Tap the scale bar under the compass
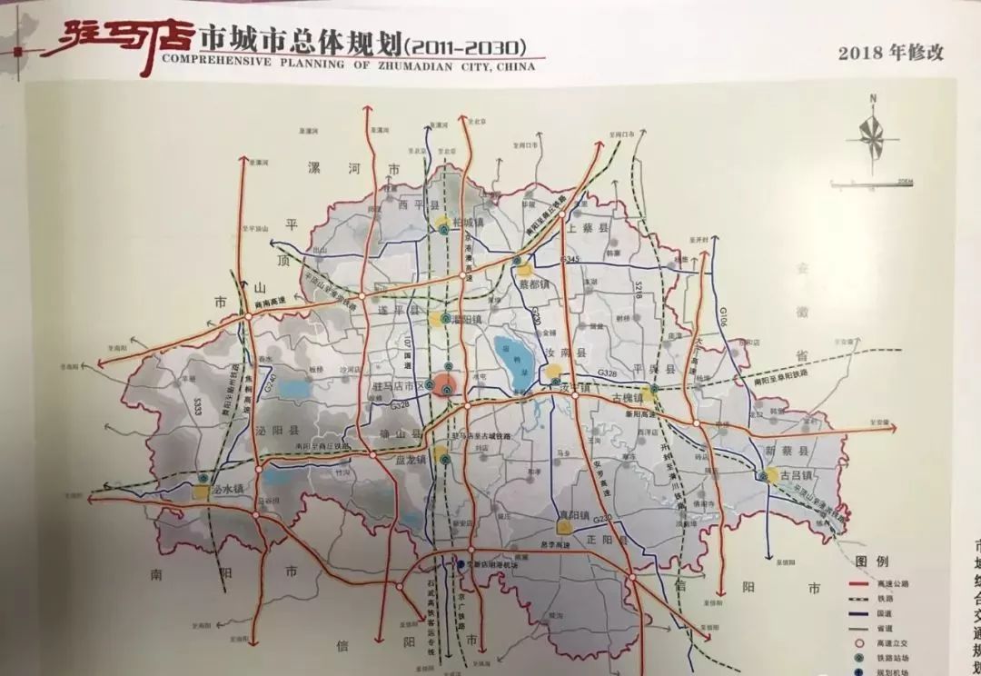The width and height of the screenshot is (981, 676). pos(872,184)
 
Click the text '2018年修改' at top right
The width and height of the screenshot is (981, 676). pos(891,52)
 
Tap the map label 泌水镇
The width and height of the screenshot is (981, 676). pos(226,489)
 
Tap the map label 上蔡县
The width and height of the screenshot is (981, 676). pos(590,229)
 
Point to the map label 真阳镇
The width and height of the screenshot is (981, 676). pos(573,515)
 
